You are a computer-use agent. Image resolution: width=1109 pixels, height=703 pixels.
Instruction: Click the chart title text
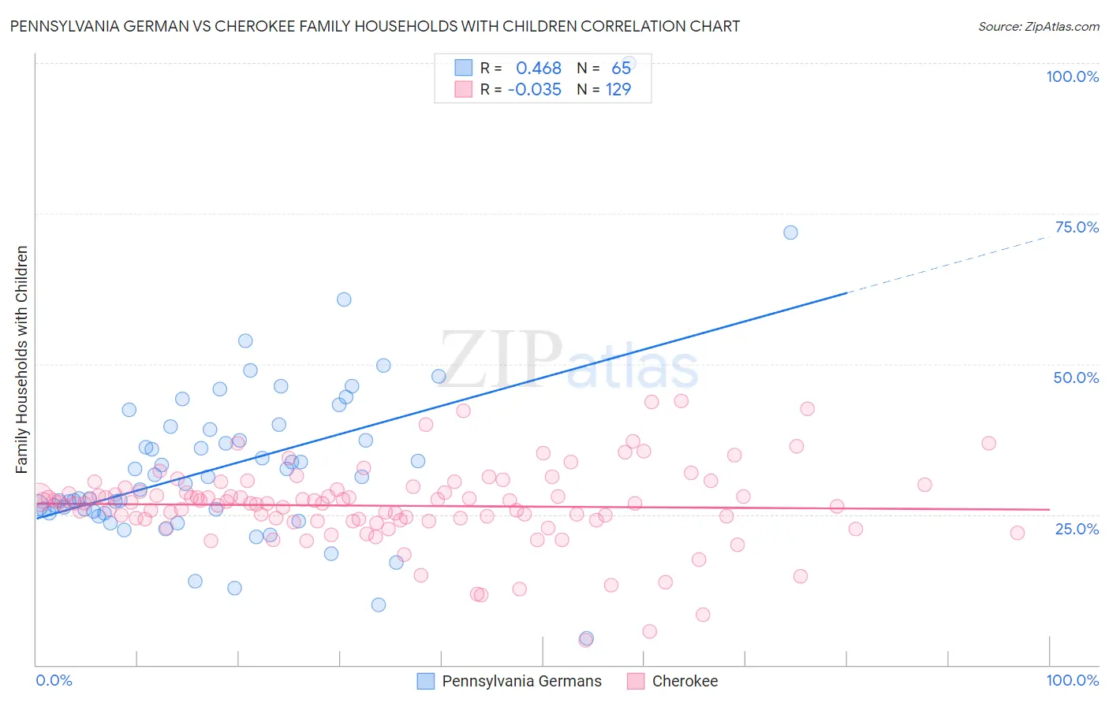(x=375, y=26)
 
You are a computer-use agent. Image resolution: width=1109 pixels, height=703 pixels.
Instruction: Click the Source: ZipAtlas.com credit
(x=1038, y=27)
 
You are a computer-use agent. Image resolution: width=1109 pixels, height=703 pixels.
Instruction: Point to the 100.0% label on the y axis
(x=1072, y=76)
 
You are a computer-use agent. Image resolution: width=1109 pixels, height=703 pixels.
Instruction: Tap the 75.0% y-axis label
(x=1077, y=227)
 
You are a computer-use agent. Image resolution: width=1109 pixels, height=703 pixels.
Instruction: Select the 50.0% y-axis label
(x=1076, y=378)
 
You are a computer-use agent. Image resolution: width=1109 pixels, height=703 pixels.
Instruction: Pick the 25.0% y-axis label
(x=1077, y=528)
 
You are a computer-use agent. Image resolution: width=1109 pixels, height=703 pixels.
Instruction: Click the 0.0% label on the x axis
(x=54, y=680)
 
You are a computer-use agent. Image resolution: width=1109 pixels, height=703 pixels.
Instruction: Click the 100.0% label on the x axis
(x=1072, y=680)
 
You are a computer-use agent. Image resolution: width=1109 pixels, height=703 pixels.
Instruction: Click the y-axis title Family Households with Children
(x=22, y=359)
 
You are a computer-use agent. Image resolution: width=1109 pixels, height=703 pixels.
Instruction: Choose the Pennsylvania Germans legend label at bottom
(x=521, y=681)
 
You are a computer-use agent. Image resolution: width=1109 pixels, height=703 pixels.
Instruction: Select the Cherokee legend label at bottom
(x=685, y=681)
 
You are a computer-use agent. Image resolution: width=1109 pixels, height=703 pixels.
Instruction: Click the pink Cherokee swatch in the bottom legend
(x=636, y=681)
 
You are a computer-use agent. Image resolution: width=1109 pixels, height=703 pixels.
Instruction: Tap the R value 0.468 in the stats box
(x=539, y=69)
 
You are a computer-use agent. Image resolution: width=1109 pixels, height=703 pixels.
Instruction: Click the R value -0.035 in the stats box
(x=535, y=90)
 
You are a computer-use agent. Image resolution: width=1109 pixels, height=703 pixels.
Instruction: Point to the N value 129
(x=618, y=90)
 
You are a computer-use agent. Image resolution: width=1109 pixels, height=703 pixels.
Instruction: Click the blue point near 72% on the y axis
(x=790, y=232)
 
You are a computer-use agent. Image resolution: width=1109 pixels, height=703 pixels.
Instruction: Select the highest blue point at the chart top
(x=629, y=63)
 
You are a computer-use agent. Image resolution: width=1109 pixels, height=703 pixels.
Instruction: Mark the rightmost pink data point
(x=1018, y=533)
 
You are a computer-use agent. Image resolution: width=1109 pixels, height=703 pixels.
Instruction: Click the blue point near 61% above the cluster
(x=344, y=299)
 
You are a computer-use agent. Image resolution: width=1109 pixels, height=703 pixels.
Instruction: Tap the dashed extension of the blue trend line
(x=947, y=265)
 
